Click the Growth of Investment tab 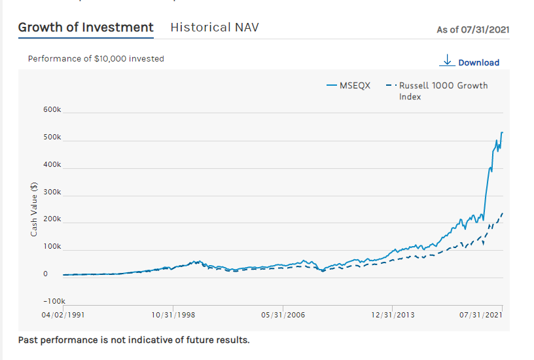tap(86, 27)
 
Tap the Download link tap(478, 63)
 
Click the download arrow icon tap(448, 61)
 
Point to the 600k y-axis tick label tap(52, 110)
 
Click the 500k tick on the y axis tap(52, 137)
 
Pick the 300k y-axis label tap(52, 192)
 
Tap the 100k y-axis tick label tap(52, 247)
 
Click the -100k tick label tap(50, 301)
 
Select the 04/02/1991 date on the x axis tap(63, 315)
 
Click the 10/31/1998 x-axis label tap(173, 315)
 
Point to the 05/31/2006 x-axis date tap(283, 315)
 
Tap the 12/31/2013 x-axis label tap(393, 315)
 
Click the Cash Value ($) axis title tap(34, 208)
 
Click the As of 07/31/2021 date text tap(473, 29)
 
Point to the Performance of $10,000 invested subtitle tap(96, 58)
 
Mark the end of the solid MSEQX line tap(502, 132)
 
